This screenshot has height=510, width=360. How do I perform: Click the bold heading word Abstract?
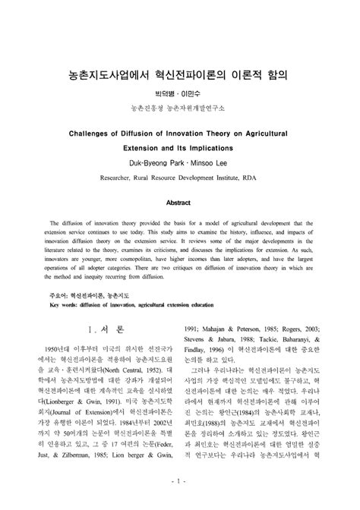180,203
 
